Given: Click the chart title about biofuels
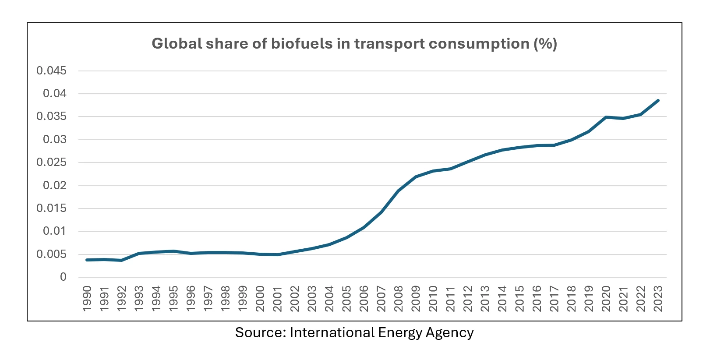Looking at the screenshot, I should (354, 44).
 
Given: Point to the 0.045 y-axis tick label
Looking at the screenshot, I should (51, 71).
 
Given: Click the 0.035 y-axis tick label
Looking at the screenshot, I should (51, 116).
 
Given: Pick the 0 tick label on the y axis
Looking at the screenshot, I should (64, 277).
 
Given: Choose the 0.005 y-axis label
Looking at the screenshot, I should (51, 254).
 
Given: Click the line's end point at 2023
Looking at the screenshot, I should (657, 101).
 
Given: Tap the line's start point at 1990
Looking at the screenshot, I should (87, 260).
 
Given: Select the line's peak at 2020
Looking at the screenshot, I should (606, 117).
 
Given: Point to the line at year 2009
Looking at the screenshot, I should (416, 176).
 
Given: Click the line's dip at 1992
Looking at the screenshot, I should (122, 260).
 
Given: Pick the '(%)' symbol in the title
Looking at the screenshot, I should (545, 44).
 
